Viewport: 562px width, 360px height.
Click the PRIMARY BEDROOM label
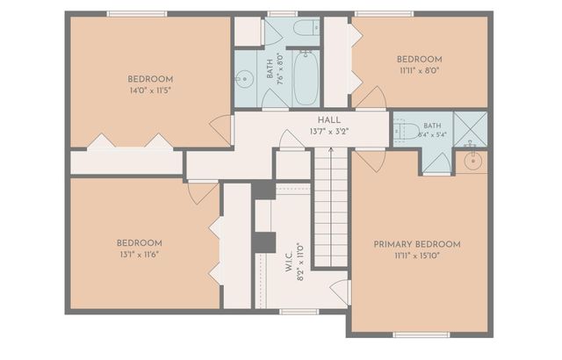(x=417, y=244)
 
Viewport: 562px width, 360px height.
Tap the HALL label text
(x=329, y=120)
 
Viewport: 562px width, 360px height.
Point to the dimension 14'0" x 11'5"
(x=150, y=90)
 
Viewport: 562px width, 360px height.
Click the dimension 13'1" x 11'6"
(x=140, y=255)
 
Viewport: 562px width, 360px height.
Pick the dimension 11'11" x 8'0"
(x=420, y=70)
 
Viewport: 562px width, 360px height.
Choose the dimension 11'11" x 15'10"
(x=417, y=256)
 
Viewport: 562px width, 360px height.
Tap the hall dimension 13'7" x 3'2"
(x=329, y=132)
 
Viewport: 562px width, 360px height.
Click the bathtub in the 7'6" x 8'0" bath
(x=306, y=78)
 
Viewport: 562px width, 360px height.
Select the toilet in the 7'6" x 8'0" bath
(x=306, y=28)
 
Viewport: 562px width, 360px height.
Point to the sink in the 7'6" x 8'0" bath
(x=244, y=78)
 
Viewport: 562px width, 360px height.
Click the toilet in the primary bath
(x=407, y=132)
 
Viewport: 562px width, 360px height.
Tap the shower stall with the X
(x=471, y=129)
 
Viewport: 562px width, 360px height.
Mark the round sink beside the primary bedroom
(x=473, y=161)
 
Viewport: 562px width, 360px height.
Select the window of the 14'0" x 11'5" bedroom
(x=137, y=14)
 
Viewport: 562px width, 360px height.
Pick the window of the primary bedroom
(x=421, y=335)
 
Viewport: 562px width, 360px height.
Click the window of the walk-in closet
(x=299, y=312)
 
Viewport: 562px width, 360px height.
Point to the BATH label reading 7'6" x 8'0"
(x=275, y=68)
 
